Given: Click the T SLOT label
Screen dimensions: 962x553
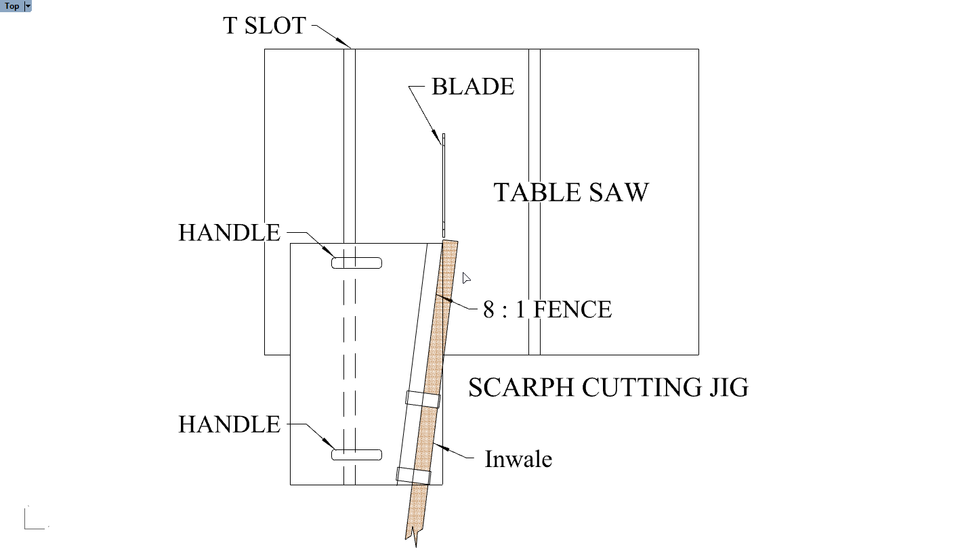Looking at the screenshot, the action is [264, 25].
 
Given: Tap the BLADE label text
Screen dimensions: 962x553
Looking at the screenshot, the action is [473, 87].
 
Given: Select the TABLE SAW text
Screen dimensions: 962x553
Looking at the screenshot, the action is [571, 192].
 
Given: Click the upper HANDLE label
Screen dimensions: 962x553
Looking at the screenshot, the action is [230, 233].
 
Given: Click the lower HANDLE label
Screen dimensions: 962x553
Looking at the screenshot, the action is [230, 424].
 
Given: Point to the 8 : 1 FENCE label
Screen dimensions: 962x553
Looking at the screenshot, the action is [547, 309].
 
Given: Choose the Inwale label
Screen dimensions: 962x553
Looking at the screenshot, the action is [518, 459].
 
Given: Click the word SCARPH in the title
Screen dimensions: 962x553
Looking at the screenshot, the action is [522, 387].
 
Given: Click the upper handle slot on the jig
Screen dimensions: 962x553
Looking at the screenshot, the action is [356, 263].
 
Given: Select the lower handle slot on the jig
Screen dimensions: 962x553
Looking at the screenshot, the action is [356, 455].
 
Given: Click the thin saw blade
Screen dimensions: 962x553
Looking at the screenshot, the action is [444, 185].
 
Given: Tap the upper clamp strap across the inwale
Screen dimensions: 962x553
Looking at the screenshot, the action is [423, 399].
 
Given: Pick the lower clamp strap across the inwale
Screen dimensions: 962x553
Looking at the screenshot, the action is [413, 476].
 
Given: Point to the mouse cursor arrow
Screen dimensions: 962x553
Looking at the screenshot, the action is [466, 278].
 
